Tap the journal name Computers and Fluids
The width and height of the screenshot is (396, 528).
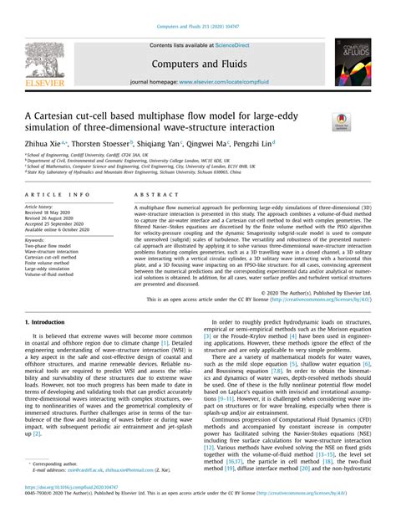pos(197,63)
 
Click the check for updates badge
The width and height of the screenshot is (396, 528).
pos(341,121)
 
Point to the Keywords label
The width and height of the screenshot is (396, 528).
pos(38,239)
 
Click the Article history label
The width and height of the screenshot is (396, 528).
pos(43,206)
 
